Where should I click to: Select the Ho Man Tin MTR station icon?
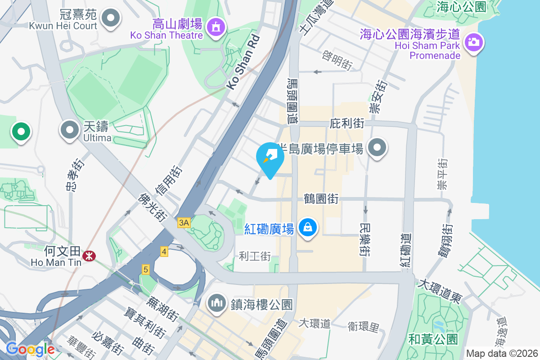[89, 256]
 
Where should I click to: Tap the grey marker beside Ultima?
[69, 130]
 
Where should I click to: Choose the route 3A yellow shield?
[184, 223]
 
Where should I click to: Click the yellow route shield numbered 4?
[164, 252]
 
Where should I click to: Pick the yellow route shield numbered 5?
[145, 270]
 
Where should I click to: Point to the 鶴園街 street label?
[321, 198]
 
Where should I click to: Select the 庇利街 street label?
[346, 123]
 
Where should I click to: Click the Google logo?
[30, 349]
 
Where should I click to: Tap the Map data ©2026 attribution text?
[501, 353]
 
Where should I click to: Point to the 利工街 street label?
[255, 256]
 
